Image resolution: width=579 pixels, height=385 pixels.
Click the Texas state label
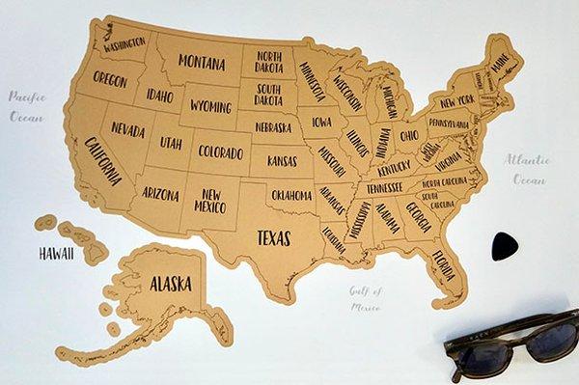(x=273, y=236)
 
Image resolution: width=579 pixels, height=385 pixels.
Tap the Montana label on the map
(x=202, y=64)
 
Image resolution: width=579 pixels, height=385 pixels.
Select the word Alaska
(x=170, y=284)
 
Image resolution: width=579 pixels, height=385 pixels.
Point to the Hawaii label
(x=57, y=254)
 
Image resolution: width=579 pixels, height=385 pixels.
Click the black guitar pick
(x=504, y=245)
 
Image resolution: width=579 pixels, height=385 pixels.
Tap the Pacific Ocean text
(x=27, y=106)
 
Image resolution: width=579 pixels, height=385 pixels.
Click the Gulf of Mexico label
(x=366, y=299)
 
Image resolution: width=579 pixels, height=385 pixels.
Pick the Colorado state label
(x=221, y=152)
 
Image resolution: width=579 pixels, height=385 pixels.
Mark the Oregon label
(x=110, y=79)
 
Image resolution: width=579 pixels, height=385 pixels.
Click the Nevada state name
(x=127, y=128)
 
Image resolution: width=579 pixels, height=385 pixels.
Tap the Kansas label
(x=282, y=160)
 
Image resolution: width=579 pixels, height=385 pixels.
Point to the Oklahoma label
(x=291, y=196)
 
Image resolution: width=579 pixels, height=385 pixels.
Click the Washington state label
(x=124, y=43)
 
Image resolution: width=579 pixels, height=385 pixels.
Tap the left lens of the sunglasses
(x=478, y=358)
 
